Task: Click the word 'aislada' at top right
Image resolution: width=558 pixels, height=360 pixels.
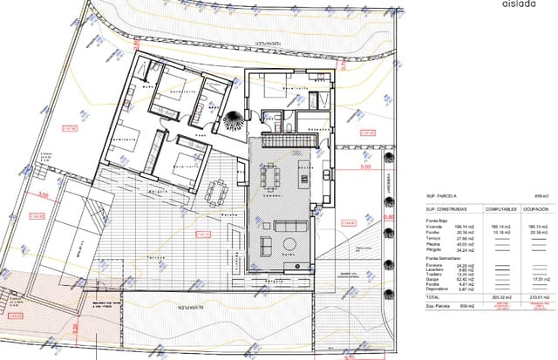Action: point(520,3)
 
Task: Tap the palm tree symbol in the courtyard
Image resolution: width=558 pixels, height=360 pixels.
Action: point(234,120)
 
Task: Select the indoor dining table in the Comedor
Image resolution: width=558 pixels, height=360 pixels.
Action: point(271,176)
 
